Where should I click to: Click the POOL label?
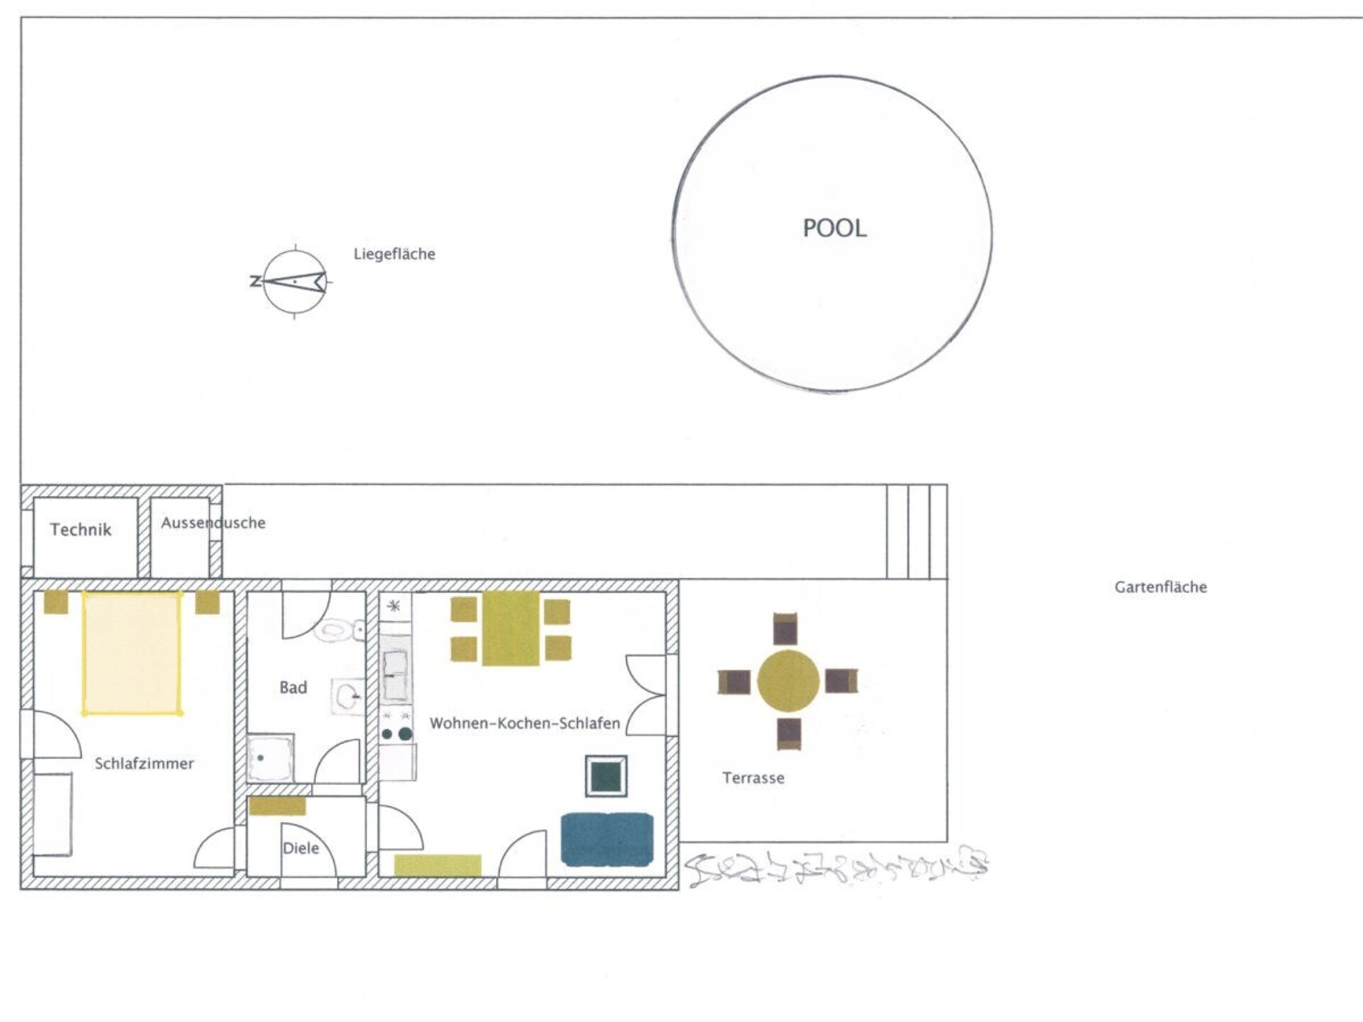[834, 229]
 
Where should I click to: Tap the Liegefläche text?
[395, 254]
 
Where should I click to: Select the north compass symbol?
[294, 282]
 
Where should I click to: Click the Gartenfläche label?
[1161, 587]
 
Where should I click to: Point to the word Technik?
[81, 529]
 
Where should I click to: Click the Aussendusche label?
[213, 523]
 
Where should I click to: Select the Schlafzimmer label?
[144, 764]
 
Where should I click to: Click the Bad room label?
[293, 687]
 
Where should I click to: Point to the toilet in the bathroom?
[339, 630]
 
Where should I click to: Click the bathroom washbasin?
[347, 696]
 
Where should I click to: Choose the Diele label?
[301, 848]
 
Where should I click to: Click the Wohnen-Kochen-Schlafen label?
[525, 723]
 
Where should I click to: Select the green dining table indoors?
[510, 629]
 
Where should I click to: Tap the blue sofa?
[607, 840]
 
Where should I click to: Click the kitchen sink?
[395, 669]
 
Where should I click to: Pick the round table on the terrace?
[788, 681]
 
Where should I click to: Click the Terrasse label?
[753, 778]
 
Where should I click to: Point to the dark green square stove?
[606, 776]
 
